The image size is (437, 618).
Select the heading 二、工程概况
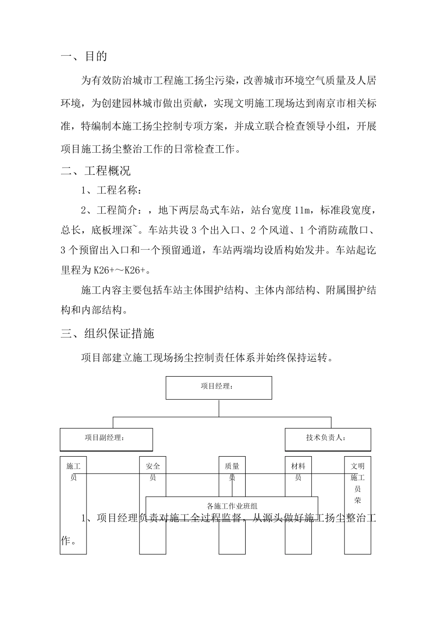[x=96, y=171]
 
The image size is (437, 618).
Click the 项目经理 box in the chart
[x=218, y=388]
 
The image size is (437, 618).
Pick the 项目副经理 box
[x=106, y=440]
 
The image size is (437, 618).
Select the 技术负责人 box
[x=328, y=440]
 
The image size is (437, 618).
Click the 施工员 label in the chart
[x=74, y=472]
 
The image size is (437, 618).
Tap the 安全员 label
[x=153, y=472]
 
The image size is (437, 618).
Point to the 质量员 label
[x=232, y=472]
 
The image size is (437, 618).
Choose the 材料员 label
[x=298, y=472]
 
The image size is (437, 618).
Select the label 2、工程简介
[x=109, y=211]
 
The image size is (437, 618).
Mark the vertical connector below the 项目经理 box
[x=219, y=408]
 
